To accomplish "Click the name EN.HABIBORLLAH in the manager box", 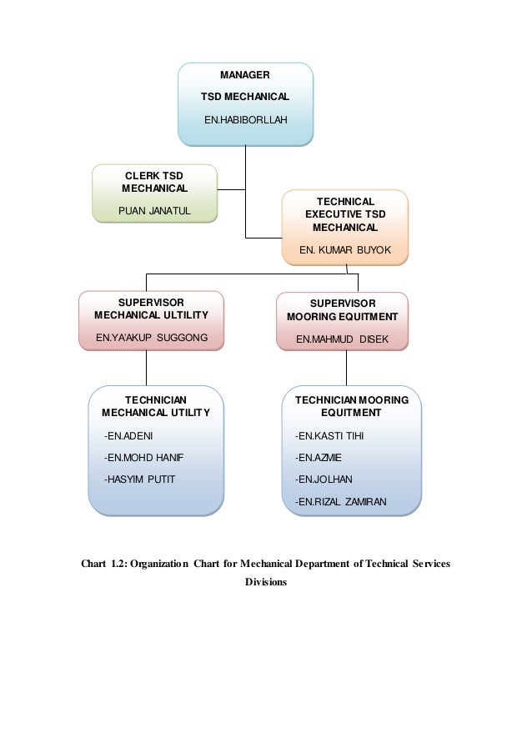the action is [x=245, y=119].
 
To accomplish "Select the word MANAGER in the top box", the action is [x=245, y=75].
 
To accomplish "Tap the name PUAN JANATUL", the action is [x=154, y=210].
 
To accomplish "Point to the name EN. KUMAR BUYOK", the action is [x=344, y=249].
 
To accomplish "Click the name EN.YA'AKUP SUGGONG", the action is [x=152, y=337].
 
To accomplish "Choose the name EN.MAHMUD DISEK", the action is [x=342, y=339].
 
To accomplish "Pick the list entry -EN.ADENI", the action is [x=128, y=435].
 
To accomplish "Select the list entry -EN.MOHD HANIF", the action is [x=143, y=457].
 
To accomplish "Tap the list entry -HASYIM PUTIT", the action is [x=139, y=479].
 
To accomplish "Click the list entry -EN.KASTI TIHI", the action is [x=329, y=435].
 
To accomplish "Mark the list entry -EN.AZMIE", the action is [x=319, y=457].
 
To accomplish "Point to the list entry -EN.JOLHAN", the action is [x=324, y=479].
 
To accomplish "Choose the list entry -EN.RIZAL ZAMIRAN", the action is [x=340, y=501].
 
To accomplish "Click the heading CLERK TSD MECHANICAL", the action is [x=154, y=182].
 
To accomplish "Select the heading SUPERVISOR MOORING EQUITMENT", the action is [x=343, y=309].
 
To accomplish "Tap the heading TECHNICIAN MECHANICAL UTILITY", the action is [x=156, y=406].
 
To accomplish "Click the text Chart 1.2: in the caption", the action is [x=103, y=564].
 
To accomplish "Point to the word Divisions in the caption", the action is [x=266, y=581].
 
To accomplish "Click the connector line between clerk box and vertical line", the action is [x=232, y=189].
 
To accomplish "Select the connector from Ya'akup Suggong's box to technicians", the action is [x=146, y=368].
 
